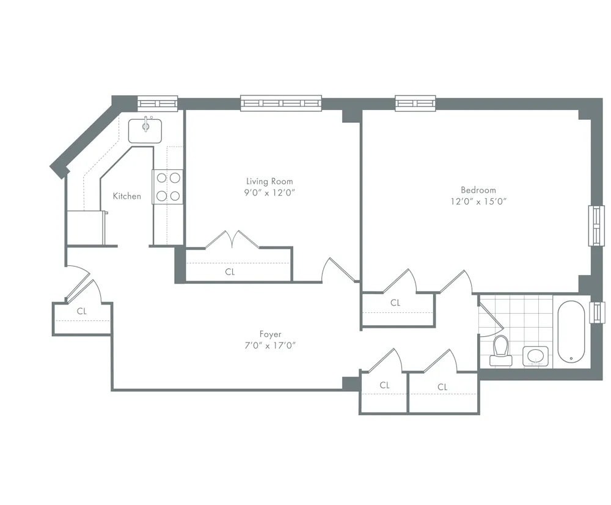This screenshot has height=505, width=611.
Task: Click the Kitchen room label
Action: pos(126,196)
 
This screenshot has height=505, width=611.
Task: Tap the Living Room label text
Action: pos(269,181)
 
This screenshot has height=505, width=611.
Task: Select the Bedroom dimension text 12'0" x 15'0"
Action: pos(478,201)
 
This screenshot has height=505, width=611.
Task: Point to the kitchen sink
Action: pos(145,130)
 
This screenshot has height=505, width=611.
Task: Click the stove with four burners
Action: pos(168,186)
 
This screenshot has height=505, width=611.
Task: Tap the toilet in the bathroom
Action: pos(501,351)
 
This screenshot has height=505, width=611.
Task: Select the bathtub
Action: pos(571,331)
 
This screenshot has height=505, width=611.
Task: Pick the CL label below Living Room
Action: pos(230,272)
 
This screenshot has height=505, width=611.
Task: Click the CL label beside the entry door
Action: pos(82,311)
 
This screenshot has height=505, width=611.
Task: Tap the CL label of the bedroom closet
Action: pos(395,303)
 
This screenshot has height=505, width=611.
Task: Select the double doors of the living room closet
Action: pos(232,239)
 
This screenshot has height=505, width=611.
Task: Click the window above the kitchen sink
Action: pos(157,102)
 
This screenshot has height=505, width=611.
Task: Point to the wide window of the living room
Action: pos(280,103)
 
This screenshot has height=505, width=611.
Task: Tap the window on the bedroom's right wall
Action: pos(596,226)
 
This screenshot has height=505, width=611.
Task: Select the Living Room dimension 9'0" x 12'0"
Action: pos(269,192)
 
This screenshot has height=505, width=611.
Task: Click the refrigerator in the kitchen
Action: pos(86,227)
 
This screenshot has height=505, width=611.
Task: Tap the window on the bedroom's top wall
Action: pos(415,103)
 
